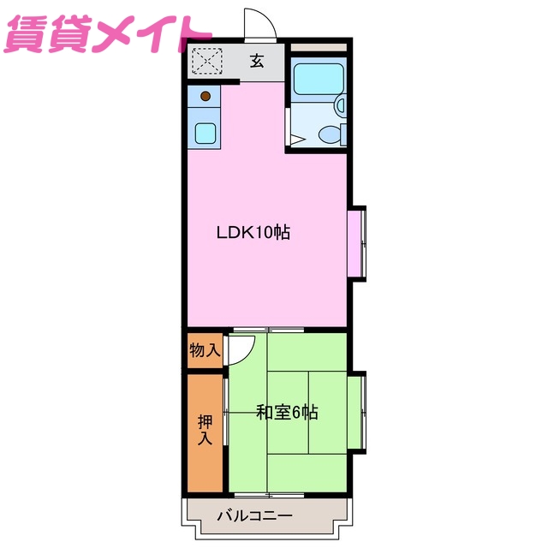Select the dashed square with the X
coord(205,62)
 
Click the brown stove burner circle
coord(205,96)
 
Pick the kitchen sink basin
coord(205,133)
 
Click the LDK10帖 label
coord(253,232)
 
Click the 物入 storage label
coord(205,349)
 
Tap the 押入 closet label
coord(205,430)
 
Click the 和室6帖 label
coord(287,412)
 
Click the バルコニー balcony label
coord(254,515)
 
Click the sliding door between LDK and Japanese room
coord(267,330)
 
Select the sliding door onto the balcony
coord(267,495)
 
